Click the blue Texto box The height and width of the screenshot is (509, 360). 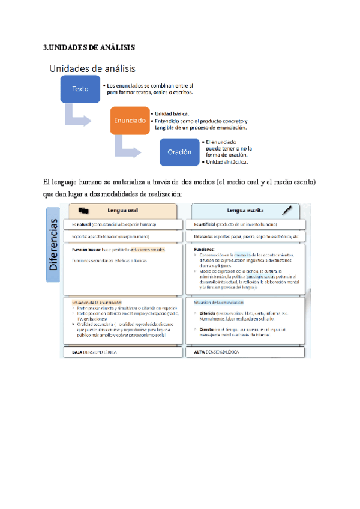[x=80, y=89]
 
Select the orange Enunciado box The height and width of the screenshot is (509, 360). [x=128, y=120]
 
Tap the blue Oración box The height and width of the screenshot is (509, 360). [x=179, y=152]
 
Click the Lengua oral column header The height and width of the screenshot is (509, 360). [x=122, y=211]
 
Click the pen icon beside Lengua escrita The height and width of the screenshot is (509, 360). [x=290, y=210]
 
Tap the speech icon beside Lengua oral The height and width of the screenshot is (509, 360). [x=84, y=211]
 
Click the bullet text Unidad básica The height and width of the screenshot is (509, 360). [x=172, y=113]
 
